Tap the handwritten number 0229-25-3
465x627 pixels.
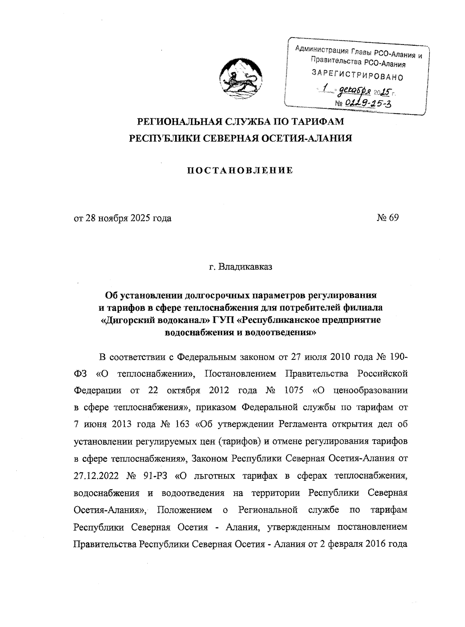click(365, 102)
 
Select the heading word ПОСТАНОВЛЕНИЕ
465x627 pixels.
click(240, 171)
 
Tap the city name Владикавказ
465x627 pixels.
click(245, 267)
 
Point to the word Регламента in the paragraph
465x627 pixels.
click(302, 424)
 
